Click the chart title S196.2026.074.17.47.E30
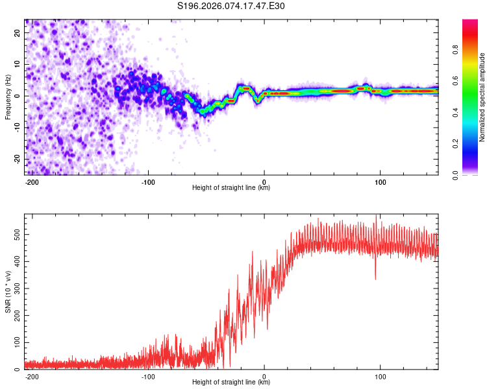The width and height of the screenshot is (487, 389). click(232, 6)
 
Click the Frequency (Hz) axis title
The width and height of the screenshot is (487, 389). click(8, 97)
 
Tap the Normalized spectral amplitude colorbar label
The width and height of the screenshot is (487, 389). click(482, 97)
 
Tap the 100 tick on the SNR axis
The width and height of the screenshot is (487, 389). click(17, 341)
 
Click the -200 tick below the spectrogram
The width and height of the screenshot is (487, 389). click(31, 182)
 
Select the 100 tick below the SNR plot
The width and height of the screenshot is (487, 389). click(380, 376)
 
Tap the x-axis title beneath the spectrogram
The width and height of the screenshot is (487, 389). click(231, 188)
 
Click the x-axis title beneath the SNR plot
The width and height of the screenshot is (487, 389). click(231, 383)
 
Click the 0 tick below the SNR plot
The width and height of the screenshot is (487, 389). click(264, 376)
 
